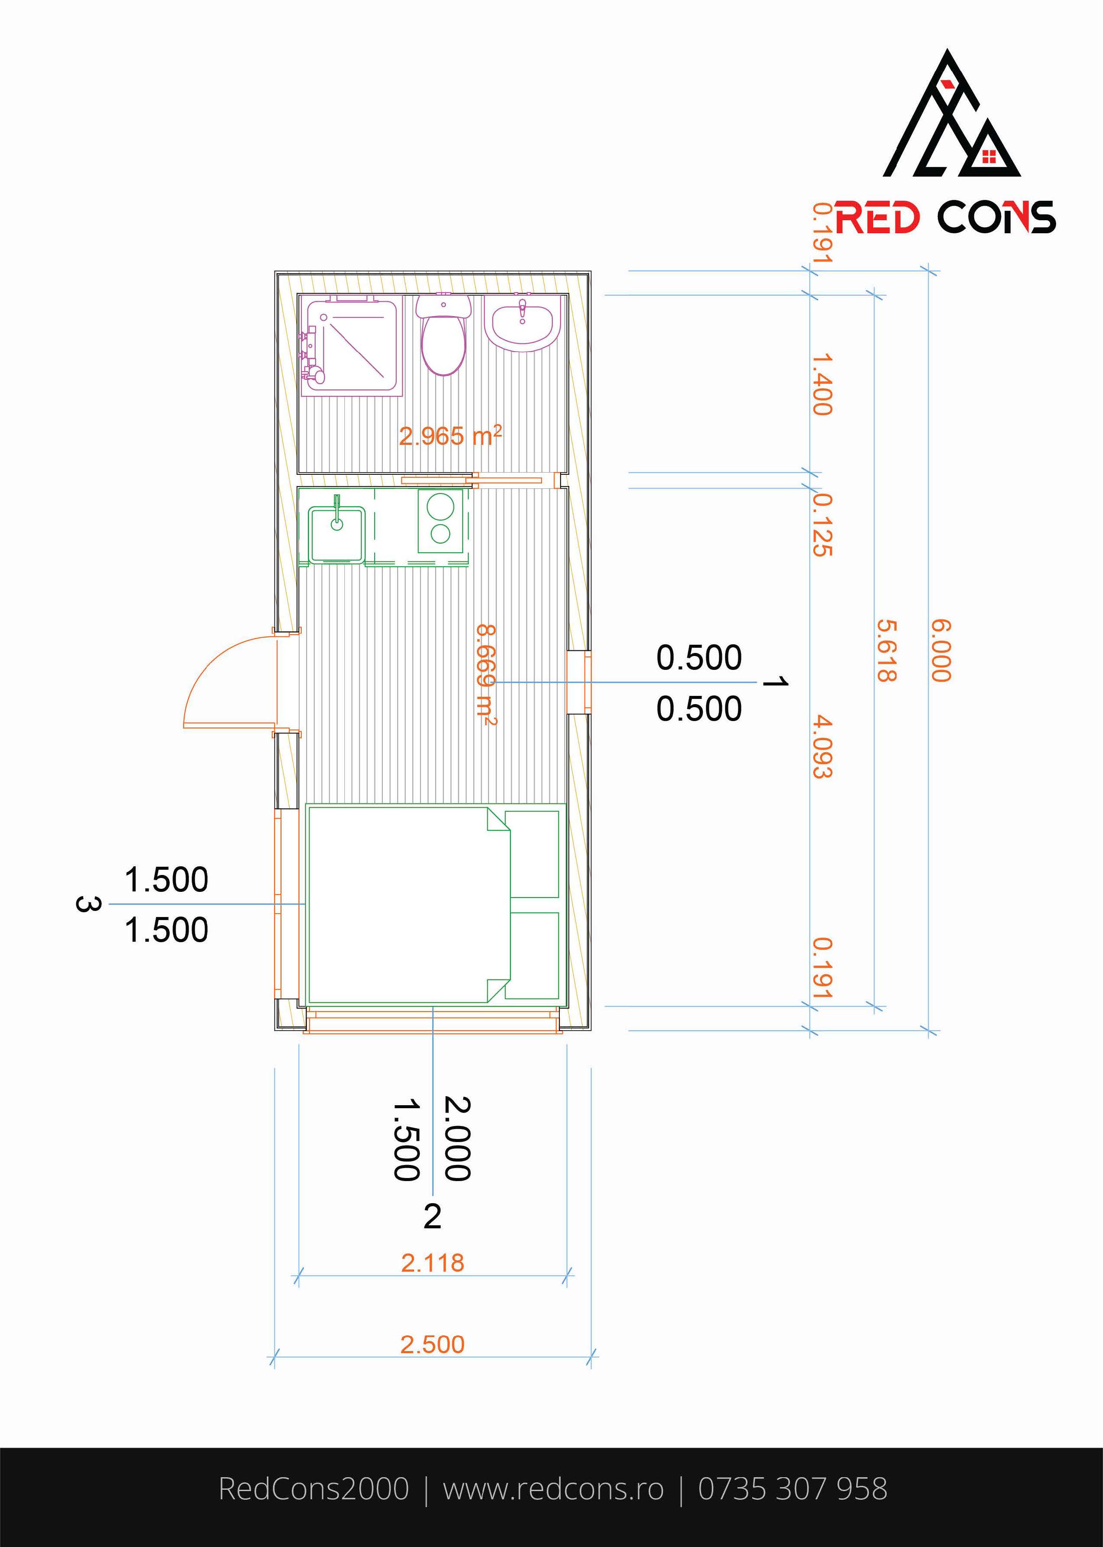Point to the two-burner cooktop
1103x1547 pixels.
coord(440,521)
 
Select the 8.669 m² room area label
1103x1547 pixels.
coord(486,675)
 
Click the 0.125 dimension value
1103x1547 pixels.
coord(822,525)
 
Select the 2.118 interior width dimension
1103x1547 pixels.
coord(433,1263)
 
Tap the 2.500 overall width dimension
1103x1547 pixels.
coord(433,1345)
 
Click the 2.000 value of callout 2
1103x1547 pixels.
coord(457,1139)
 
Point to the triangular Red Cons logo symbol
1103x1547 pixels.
coord(952,113)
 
